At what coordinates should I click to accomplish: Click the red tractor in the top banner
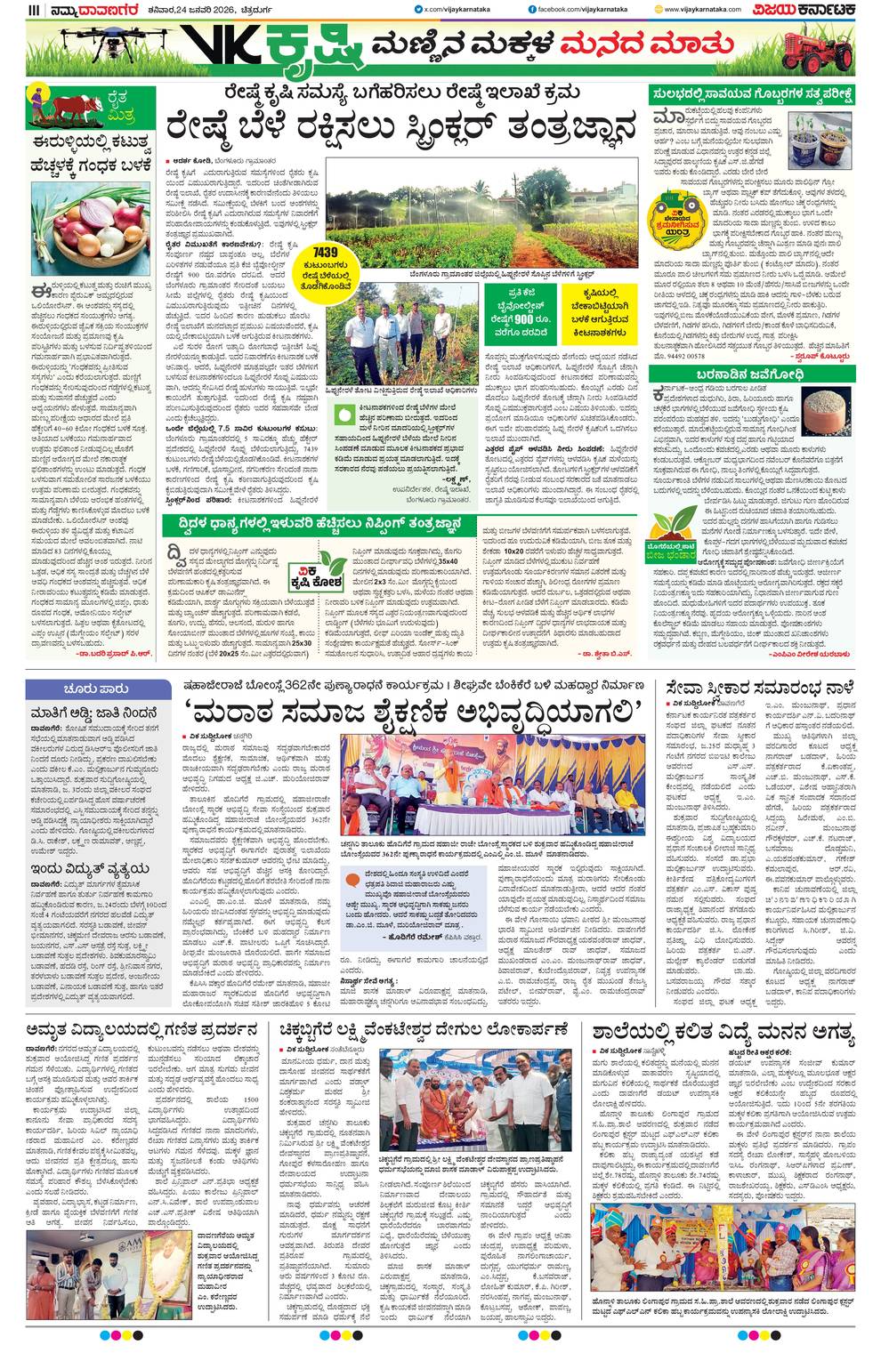click(818, 52)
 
